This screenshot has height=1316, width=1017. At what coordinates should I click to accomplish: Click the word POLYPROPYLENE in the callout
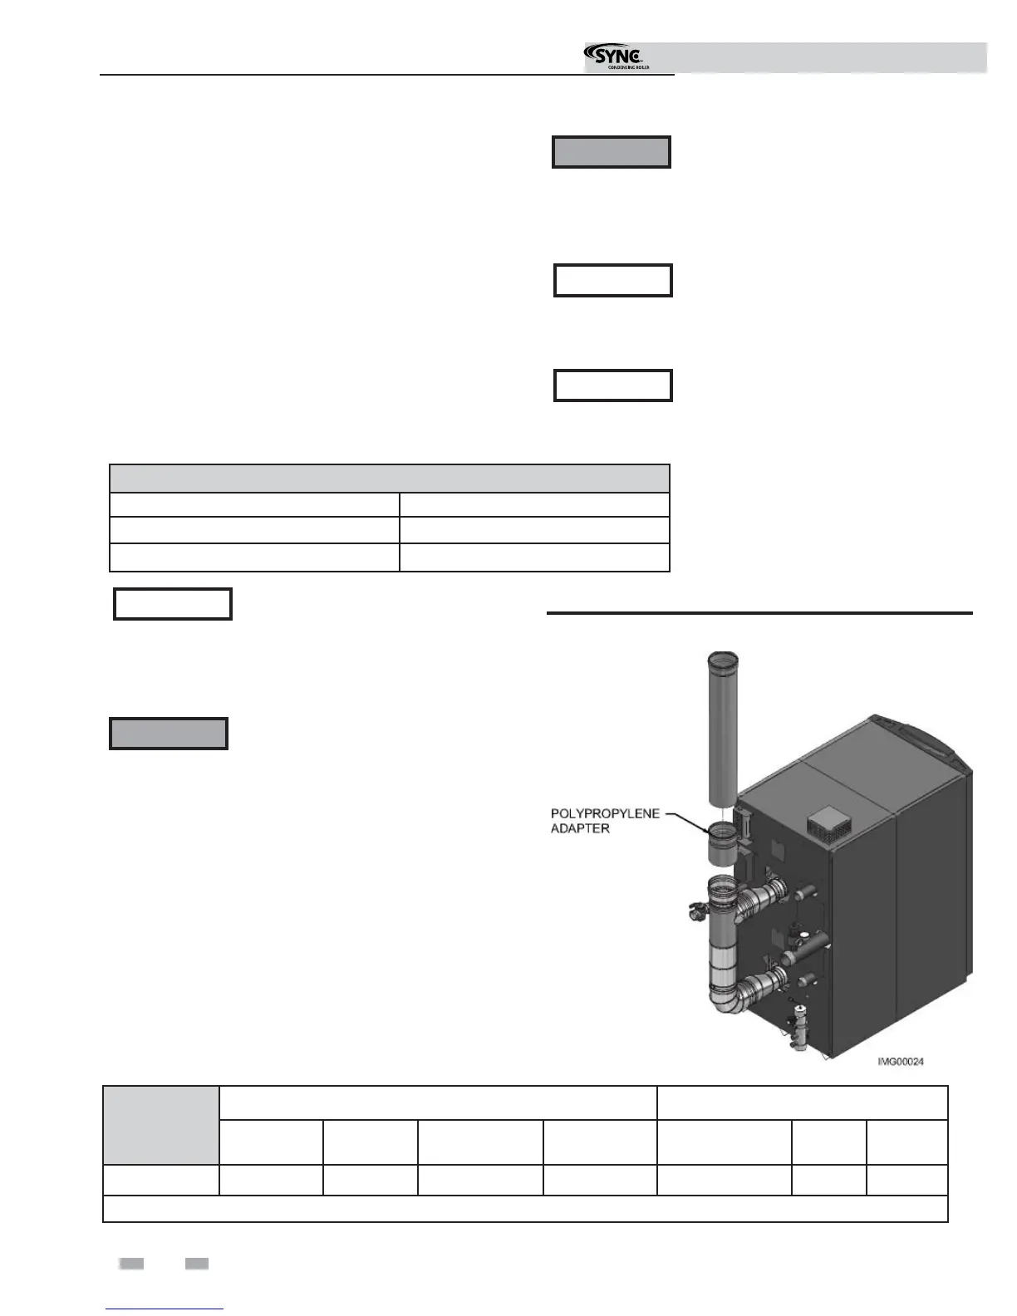click(x=605, y=813)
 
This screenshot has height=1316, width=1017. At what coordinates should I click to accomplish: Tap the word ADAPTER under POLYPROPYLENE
click(x=580, y=828)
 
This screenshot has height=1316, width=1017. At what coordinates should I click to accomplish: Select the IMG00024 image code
click(x=901, y=1062)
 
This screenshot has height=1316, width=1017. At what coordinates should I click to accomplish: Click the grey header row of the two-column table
click(x=389, y=479)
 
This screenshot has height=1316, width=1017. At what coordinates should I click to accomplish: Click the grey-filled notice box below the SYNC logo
click(x=612, y=152)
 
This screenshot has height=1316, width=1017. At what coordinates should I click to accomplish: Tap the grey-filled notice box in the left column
click(x=169, y=734)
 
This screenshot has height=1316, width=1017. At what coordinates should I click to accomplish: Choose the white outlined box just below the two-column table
click(x=173, y=604)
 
